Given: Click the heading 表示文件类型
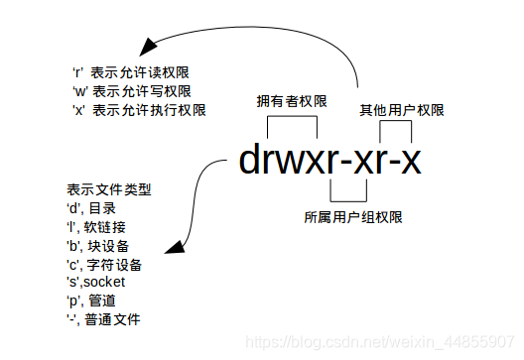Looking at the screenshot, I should point(109,189).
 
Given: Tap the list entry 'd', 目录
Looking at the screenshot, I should point(95,208).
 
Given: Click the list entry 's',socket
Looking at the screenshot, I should point(96,283).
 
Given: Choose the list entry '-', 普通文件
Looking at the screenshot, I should point(104,320).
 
